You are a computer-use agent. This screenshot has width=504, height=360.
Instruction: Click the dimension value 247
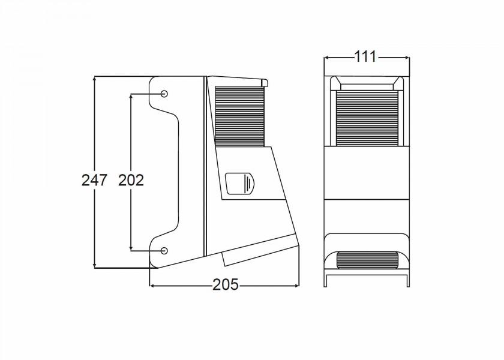(x=94, y=179)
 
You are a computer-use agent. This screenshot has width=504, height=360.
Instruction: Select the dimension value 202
(x=131, y=179)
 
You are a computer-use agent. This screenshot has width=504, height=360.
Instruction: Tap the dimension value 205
(x=225, y=285)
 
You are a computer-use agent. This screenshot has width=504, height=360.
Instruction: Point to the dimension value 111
(x=365, y=57)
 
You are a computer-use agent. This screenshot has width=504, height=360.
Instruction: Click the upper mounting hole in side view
(x=164, y=94)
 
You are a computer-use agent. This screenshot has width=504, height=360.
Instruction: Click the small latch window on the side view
(x=240, y=184)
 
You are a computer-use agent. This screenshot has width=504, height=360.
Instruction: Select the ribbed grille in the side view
(x=239, y=117)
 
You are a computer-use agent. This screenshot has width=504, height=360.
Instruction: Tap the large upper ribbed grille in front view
(x=367, y=116)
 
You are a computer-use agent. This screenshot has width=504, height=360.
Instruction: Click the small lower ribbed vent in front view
(x=367, y=260)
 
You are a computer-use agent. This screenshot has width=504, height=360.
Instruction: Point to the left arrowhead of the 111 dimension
(x=326, y=58)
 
